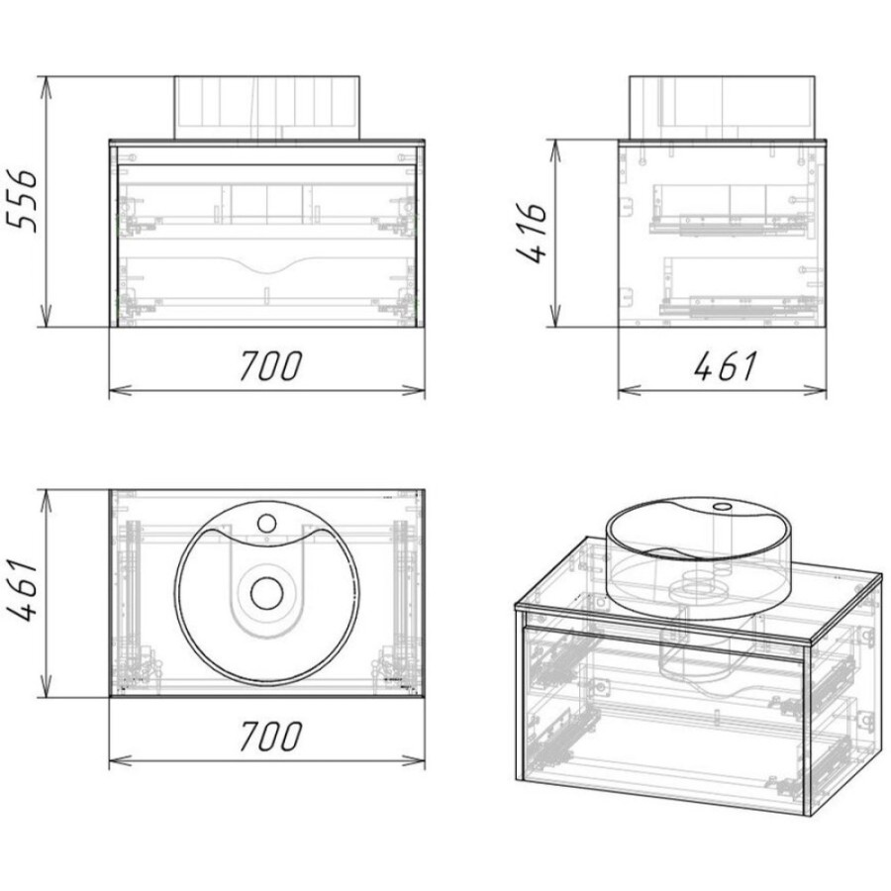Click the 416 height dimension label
(532, 233)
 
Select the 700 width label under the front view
(270, 365)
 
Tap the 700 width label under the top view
(270, 736)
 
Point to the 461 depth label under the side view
(725, 365)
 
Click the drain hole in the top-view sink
(266, 593)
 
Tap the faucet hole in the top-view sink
(266, 523)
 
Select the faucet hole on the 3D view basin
(724, 506)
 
